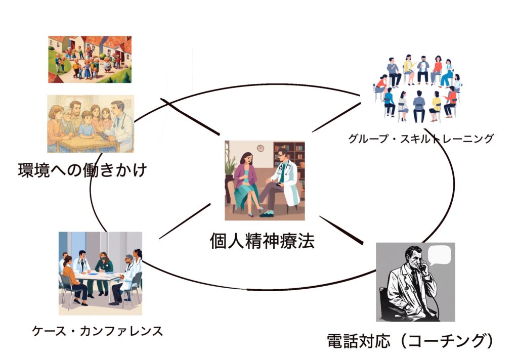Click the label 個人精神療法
[x=263, y=241]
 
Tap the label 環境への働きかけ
[x=82, y=170]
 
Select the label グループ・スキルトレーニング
[x=421, y=139]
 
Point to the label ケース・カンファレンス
[x=98, y=331]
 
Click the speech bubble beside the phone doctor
[x=440, y=255]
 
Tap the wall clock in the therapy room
[x=261, y=148]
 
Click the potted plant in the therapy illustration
[x=230, y=172]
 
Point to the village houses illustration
[x=90, y=60]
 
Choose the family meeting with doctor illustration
[x=91, y=124]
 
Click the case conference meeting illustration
[x=101, y=274]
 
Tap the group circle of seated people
[x=418, y=88]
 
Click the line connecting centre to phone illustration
[x=341, y=230]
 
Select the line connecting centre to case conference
[x=185, y=221]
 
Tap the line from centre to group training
[x=336, y=118]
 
